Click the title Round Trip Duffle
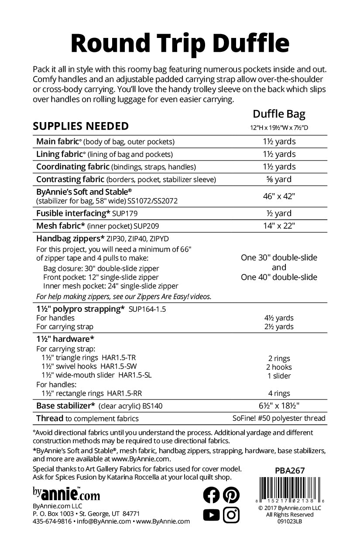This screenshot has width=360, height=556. tap(179, 43)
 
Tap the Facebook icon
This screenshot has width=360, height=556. tap(212, 495)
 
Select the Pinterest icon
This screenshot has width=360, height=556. tap(231, 495)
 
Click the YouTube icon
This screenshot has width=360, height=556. tap(212, 515)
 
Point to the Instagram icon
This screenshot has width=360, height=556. tap(231, 515)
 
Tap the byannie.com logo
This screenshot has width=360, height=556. tap(66, 494)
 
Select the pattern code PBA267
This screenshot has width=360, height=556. tap(290, 471)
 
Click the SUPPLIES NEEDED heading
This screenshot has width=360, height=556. tap(81, 126)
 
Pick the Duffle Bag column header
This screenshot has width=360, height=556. tap(279, 115)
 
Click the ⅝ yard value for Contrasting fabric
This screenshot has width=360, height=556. tap(279, 179)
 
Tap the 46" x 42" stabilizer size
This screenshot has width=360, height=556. tap(279, 196)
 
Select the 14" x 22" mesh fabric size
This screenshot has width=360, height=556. tap(279, 226)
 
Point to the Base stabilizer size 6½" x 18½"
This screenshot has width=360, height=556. tap(279, 406)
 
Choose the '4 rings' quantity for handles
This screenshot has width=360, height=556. tap(279, 393)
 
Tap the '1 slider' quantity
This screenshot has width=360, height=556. tap(279, 376)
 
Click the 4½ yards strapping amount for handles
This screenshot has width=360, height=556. tap(279, 318)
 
